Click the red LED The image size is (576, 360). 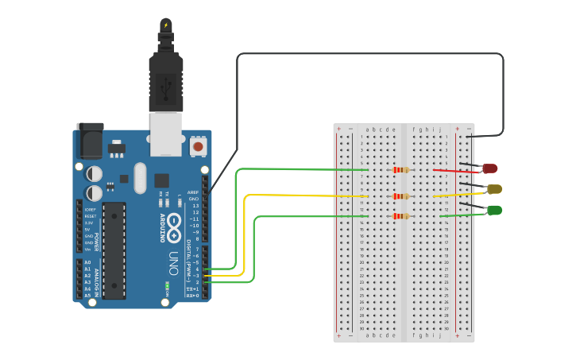tap(490, 168)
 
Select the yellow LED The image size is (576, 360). tap(494, 189)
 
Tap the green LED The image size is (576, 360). tap(494, 210)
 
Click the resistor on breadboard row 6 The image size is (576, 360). tap(401, 169)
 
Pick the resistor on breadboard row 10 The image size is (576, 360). tap(401, 196)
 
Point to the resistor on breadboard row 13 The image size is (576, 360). tap(401, 215)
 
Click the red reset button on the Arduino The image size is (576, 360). tap(198, 146)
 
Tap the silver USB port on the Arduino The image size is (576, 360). tap(166, 130)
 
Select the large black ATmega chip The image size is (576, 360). tap(114, 250)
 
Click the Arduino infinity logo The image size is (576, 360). tap(175, 223)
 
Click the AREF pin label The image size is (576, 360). tap(193, 192)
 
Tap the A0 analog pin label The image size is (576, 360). tap(87, 262)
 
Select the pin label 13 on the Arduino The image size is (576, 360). tap(195, 206)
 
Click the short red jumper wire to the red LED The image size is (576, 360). tap(456, 171)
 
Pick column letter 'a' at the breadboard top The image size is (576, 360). tap(367, 130)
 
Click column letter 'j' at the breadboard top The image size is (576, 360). tap(439, 130)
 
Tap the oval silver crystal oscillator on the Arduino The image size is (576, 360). tap(141, 178)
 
